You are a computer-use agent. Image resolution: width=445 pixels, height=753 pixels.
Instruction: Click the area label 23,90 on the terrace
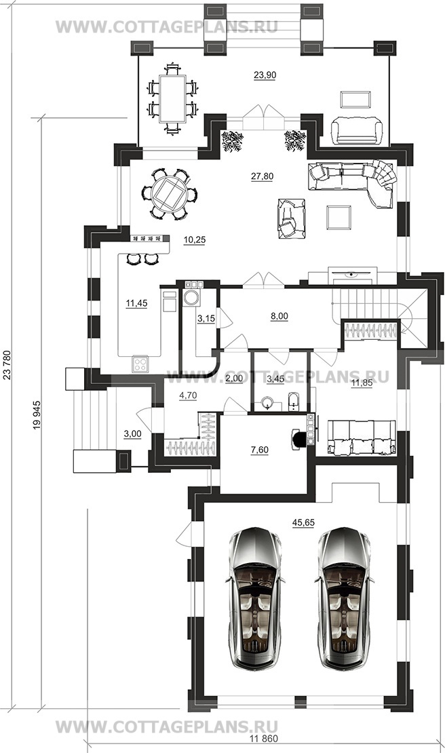point(265,75)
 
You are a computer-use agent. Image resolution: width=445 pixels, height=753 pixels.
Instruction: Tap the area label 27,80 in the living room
point(262,176)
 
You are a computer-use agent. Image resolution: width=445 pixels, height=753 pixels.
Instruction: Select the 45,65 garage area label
point(303,522)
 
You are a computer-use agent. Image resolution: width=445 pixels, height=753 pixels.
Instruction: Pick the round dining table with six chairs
point(169,194)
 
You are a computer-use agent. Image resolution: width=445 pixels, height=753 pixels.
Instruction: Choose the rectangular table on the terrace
point(172,98)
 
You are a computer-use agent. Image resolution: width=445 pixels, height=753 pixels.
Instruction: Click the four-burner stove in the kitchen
point(140,364)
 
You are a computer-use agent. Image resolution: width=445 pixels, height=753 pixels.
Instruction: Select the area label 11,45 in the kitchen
point(136,303)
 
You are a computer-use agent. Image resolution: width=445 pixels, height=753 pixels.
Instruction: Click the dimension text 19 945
point(37,414)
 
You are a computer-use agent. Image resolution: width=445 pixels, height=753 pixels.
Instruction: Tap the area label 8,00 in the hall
point(279,316)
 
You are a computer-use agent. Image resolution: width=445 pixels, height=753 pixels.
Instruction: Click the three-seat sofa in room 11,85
point(362,438)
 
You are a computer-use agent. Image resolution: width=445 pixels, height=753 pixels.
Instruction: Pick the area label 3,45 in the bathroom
point(275,379)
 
